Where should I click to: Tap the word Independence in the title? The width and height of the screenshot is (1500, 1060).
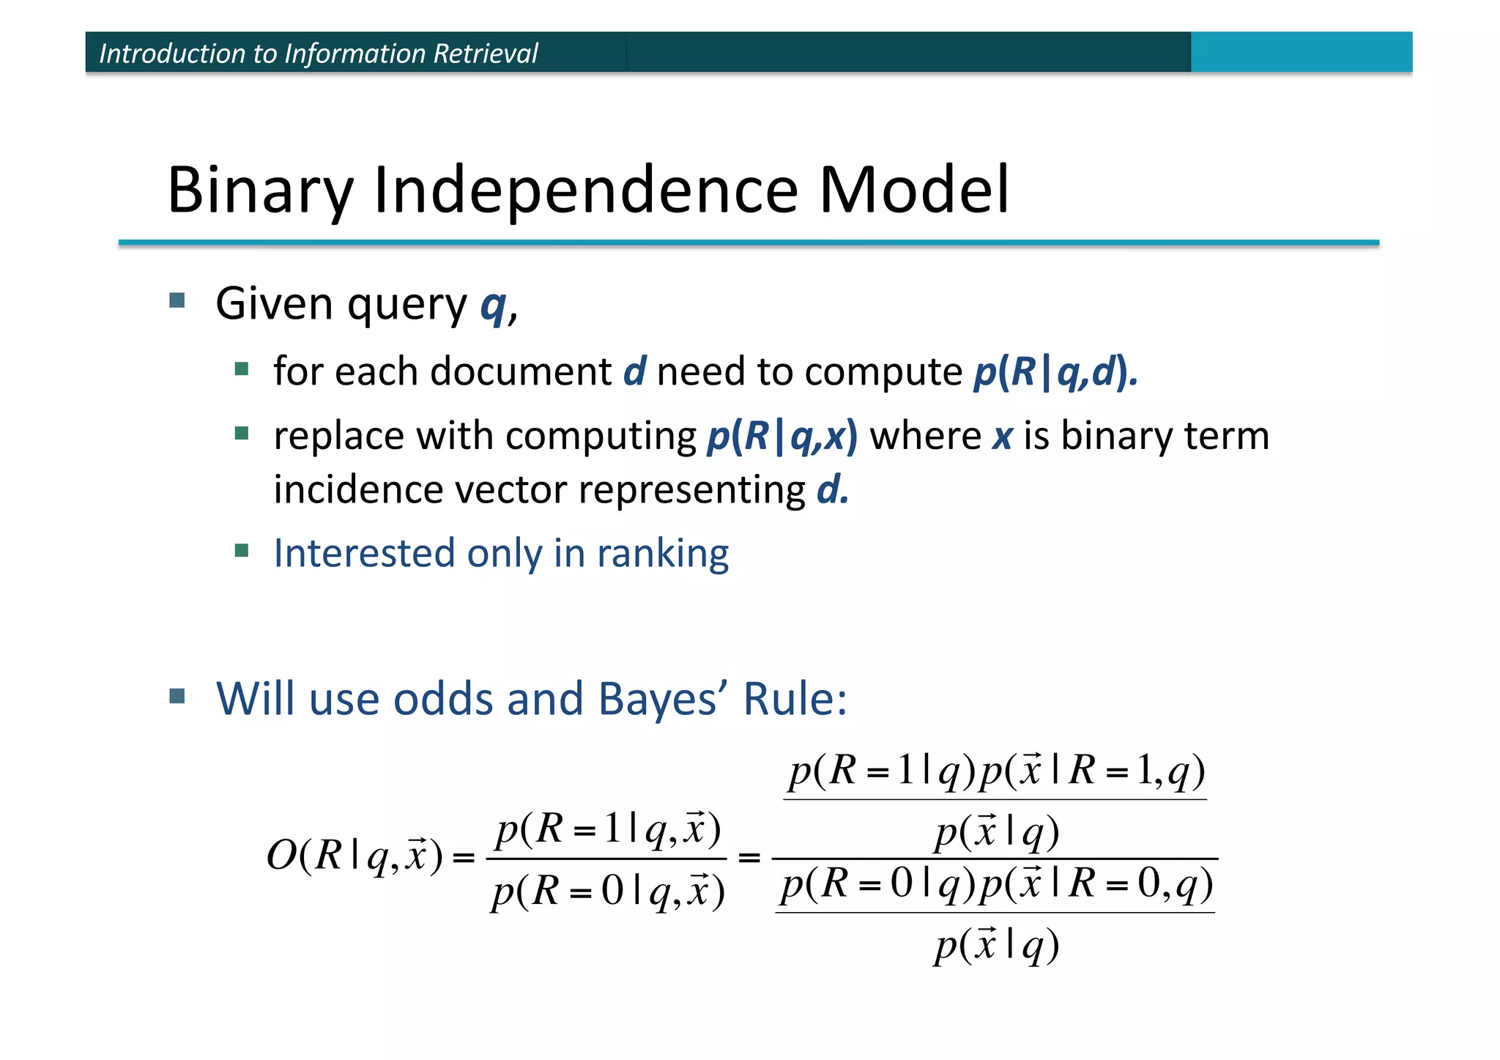pos(585,190)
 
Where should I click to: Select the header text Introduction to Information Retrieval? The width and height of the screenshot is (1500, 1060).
pos(318,53)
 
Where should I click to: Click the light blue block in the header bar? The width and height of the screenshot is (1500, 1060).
pos(1301,52)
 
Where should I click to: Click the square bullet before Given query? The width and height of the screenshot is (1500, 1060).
pos(177,300)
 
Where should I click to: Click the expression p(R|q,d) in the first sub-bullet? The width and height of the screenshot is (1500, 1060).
pos(1055,371)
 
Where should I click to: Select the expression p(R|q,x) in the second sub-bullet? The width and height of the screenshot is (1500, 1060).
pos(781,437)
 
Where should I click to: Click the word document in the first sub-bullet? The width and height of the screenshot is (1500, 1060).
pos(521,371)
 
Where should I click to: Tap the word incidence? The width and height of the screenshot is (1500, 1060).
pos(358,489)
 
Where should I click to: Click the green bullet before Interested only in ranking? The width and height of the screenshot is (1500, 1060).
pos(242,550)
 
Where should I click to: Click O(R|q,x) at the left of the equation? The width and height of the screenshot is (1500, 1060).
pos(354,855)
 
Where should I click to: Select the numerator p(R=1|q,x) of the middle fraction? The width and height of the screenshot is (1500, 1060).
pos(608,830)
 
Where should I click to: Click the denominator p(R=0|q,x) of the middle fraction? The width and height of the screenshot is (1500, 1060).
pos(608,892)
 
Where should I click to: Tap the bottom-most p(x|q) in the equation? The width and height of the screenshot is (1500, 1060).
pos(996,945)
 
